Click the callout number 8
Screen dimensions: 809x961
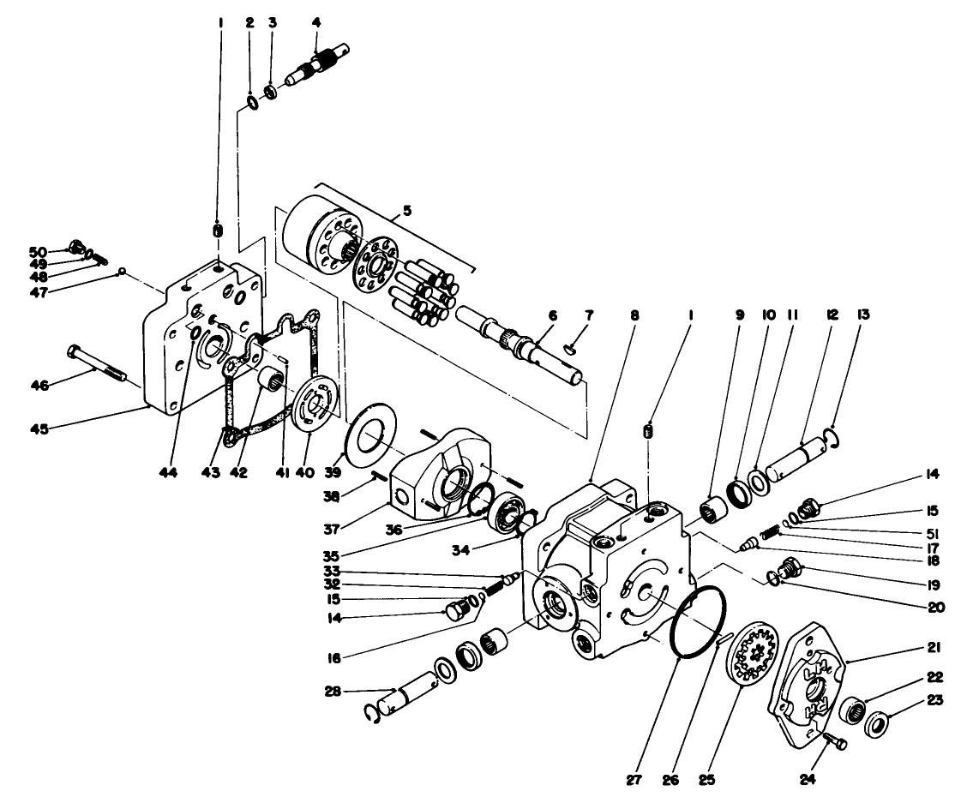click(x=634, y=315)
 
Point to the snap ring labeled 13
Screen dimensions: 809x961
click(x=833, y=440)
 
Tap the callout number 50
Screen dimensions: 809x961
click(x=38, y=252)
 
